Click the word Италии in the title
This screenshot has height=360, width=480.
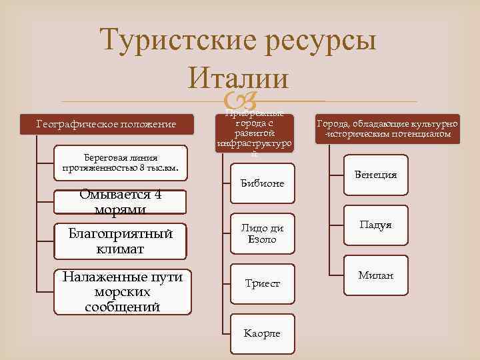click(239, 79)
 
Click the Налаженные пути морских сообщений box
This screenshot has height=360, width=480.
click(121, 291)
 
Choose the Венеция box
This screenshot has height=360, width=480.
click(376, 175)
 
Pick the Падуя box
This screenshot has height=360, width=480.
click(376, 225)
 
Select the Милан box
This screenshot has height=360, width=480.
click(376, 275)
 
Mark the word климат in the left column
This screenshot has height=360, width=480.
click(121, 249)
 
